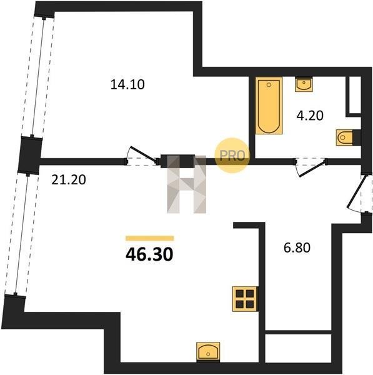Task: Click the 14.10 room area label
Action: click(x=127, y=84)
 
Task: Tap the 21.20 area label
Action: click(x=69, y=180)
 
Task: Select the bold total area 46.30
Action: click(x=149, y=254)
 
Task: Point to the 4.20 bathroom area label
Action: click(x=310, y=116)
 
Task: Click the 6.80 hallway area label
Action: click(x=297, y=247)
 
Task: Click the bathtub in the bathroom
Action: click(x=269, y=105)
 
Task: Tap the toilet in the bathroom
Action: click(x=344, y=137)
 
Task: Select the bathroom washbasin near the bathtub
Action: click(x=304, y=84)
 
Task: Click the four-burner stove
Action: click(x=245, y=299)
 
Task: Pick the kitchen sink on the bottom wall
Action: click(x=208, y=351)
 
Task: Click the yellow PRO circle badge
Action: click(x=232, y=156)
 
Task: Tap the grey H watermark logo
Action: click(x=187, y=184)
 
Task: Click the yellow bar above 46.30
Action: click(x=150, y=238)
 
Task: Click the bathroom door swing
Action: click(x=311, y=167)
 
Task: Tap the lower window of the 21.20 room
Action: click(x=21, y=234)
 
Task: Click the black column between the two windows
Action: click(x=31, y=155)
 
